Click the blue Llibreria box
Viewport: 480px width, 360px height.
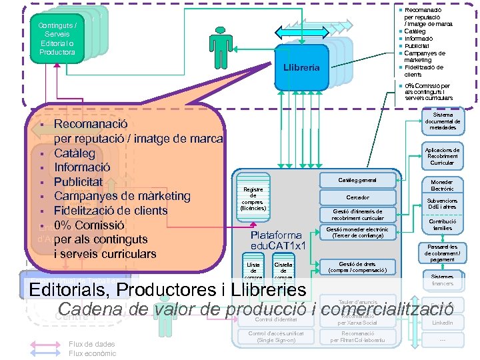coord(301,67)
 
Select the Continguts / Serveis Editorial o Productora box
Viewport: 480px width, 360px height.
coord(57,39)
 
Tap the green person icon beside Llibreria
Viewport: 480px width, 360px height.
coord(219,43)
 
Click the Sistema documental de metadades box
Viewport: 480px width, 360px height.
coord(442,121)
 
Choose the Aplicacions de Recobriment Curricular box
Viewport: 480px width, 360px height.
coord(442,156)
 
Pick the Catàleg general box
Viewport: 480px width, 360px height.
coord(357,180)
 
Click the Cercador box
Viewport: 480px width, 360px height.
coord(357,197)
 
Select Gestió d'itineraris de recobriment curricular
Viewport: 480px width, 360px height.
coord(357,215)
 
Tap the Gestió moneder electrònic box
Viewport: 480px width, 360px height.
coord(357,233)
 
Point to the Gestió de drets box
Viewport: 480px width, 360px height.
coord(357,267)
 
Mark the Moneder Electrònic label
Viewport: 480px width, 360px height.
coord(442,185)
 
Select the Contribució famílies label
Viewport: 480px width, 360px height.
coord(442,225)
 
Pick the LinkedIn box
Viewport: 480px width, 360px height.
coord(442,323)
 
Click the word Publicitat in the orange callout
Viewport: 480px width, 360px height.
coord(78,182)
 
